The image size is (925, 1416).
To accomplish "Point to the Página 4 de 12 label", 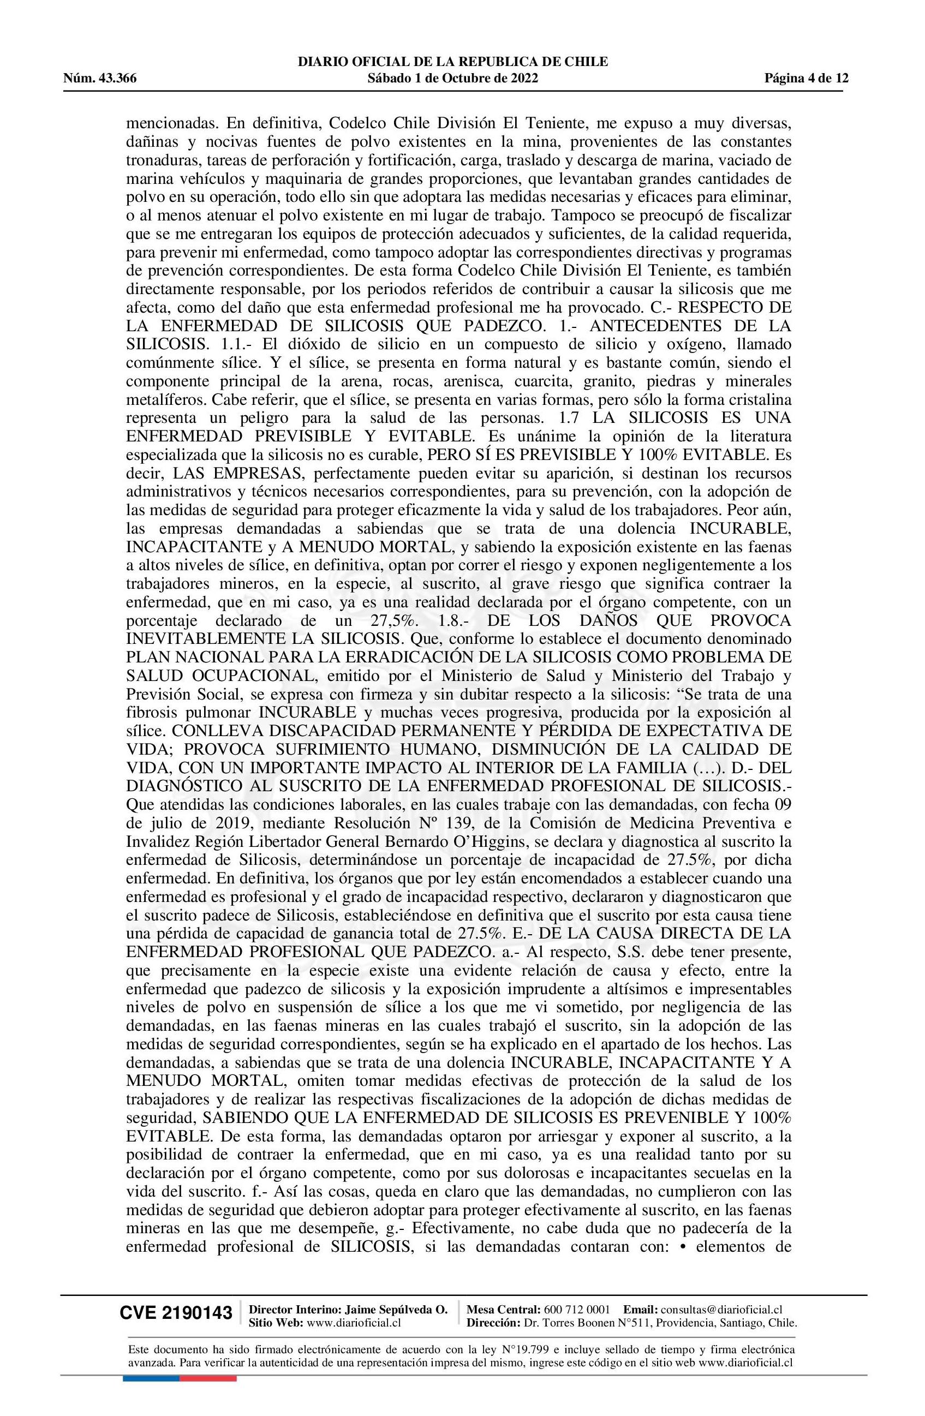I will coord(806,78).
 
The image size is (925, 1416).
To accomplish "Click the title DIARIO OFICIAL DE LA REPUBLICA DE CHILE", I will coord(453,62).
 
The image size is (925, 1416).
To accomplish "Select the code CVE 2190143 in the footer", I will coord(176,1312).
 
